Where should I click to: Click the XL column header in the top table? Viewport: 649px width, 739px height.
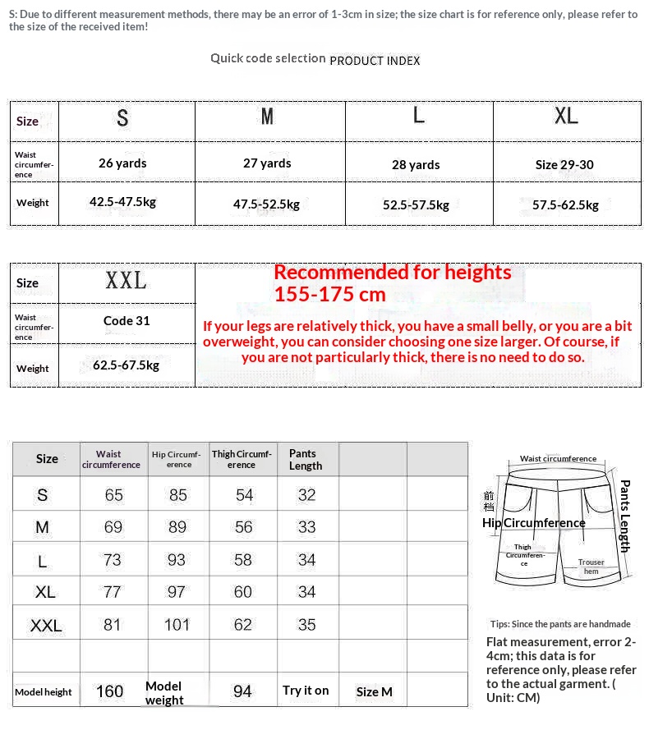tap(566, 116)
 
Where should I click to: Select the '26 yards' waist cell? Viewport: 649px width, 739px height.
tap(122, 163)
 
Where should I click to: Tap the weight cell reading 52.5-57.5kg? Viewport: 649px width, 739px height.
tap(416, 204)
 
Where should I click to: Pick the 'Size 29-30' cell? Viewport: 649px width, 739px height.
tap(564, 164)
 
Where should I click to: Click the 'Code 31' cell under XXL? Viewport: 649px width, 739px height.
tap(127, 320)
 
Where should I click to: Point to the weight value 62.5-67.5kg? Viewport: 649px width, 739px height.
tap(126, 365)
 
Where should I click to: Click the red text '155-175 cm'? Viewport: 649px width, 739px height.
tap(329, 294)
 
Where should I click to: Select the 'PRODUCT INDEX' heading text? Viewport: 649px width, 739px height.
tap(375, 61)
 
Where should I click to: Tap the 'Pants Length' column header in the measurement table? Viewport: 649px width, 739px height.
tap(306, 460)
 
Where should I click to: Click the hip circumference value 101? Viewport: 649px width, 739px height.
tap(177, 625)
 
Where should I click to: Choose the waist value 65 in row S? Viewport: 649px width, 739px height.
tap(113, 495)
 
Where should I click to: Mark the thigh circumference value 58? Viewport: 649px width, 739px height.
tap(243, 560)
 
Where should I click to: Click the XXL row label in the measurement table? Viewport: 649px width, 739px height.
tap(46, 626)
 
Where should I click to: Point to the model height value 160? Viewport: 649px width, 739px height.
tap(109, 691)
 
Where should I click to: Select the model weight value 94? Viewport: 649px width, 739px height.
tap(242, 691)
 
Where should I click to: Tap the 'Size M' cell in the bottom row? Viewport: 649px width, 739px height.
tap(374, 691)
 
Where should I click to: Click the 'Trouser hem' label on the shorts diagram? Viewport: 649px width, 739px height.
tap(591, 567)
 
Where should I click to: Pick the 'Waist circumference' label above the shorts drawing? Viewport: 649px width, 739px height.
tap(558, 459)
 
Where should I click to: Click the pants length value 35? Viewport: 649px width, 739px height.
tap(306, 625)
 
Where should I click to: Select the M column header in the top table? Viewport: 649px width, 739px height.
tap(267, 117)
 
